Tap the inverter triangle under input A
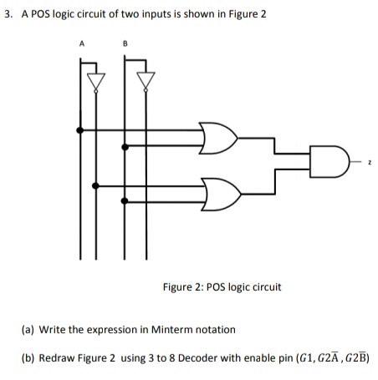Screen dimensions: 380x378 (x=98, y=79)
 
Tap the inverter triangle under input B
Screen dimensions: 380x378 (x=147, y=79)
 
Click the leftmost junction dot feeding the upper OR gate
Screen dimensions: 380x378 (x=80, y=130)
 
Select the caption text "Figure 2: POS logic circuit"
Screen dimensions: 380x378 (x=222, y=286)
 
